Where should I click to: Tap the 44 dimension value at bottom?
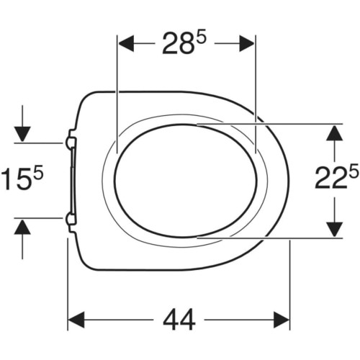179,152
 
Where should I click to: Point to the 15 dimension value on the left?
17,179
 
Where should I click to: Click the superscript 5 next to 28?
201,38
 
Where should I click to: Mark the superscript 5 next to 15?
38,172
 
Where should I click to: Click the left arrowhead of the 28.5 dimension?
126,43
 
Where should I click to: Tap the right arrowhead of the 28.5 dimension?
247,43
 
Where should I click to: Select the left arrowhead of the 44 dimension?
77,152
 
